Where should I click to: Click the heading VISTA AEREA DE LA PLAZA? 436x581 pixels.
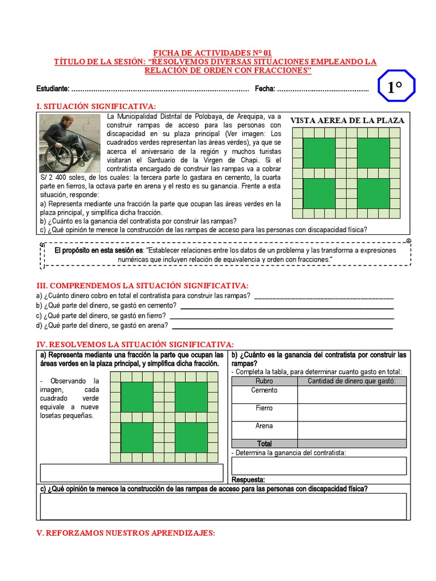347,120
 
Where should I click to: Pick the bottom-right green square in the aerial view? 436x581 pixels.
373,193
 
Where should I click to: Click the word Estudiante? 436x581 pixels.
52,89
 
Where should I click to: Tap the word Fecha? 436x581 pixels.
265,89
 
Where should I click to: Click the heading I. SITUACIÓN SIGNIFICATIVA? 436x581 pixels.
96,106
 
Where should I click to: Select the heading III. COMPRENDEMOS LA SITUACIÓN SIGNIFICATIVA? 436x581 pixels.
142,285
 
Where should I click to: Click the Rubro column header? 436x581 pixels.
265,381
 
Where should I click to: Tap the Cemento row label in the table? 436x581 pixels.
265,390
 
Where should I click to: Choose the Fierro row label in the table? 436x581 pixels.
265,408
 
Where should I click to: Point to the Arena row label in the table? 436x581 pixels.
265,426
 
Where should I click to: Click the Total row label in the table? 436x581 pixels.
265,444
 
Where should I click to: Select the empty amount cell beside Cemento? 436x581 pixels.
351,394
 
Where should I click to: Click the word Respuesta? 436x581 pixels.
249,479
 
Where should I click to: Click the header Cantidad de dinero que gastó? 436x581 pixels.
351,381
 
